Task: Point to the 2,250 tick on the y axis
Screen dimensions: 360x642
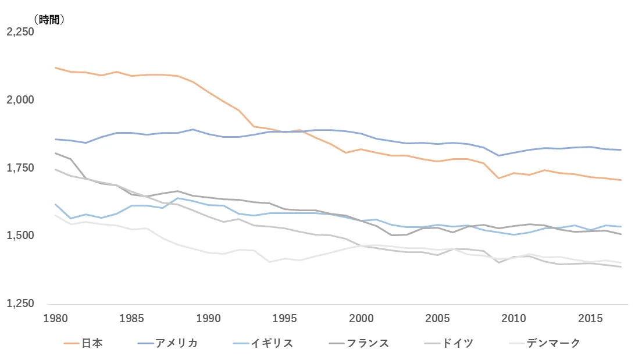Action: pos(20,32)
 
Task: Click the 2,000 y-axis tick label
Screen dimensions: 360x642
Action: pos(20,100)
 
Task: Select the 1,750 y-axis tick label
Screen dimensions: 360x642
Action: pos(20,168)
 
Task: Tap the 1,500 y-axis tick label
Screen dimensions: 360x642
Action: pos(20,236)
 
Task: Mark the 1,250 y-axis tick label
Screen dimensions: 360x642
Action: pos(20,304)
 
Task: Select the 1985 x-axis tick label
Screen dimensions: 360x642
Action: pos(132,319)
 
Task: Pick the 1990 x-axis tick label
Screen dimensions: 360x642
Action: pos(208,319)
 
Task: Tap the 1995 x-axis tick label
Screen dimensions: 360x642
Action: pos(285,319)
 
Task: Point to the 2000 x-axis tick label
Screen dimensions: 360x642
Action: pos(361,319)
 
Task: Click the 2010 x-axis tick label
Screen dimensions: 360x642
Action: pos(514,319)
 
